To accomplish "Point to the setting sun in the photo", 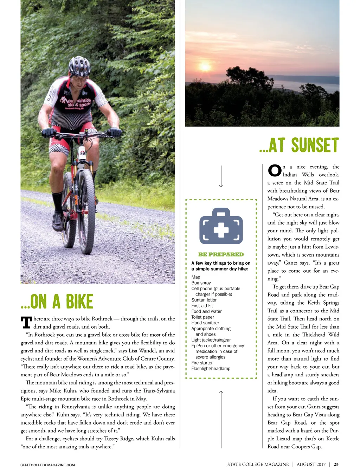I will pos(205,66).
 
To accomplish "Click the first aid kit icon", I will pos(221,226).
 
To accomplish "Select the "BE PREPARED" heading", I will pos(221,254).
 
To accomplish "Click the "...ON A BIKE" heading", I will pos(57,302).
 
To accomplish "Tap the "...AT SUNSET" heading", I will pos(299,145).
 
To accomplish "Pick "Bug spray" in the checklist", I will pos(201,283).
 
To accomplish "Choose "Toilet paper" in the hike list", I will pos(202,317).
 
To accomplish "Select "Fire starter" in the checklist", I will pos(202,363).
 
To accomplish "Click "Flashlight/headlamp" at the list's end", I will pos(211,369).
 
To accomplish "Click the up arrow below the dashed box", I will pos(221,418).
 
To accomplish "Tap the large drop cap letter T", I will pos(26,322).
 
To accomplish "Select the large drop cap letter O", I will pos(275,171).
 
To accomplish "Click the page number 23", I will pos(336,465).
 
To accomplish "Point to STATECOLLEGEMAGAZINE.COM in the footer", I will pos(47,465).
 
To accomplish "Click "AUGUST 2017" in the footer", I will pos(311,465).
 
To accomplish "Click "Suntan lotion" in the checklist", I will pos(204,300).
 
